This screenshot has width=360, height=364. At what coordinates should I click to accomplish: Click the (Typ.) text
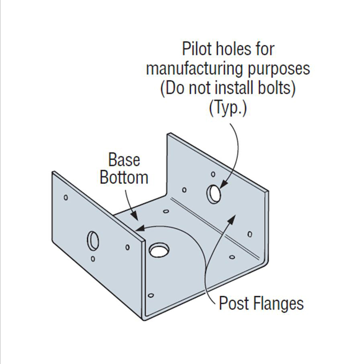[227, 109]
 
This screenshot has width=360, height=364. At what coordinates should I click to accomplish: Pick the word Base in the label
[124, 160]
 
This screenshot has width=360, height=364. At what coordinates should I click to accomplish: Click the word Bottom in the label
[124, 177]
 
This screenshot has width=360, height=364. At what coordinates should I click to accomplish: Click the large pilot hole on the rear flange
[213, 193]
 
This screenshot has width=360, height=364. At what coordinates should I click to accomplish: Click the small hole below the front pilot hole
[93, 259]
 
